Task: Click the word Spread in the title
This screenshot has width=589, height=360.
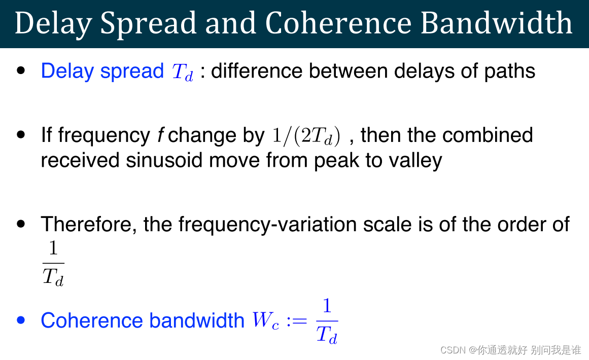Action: point(148,23)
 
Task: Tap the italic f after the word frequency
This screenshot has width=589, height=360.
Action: point(160,135)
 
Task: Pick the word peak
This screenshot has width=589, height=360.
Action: point(335,161)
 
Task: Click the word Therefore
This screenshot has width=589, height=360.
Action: point(88,224)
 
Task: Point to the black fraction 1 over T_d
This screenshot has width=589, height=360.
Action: point(53,264)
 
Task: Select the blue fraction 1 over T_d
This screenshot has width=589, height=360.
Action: point(327,321)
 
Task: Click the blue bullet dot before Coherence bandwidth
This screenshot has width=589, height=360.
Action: point(21,320)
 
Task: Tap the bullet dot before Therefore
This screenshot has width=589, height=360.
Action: point(21,224)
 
